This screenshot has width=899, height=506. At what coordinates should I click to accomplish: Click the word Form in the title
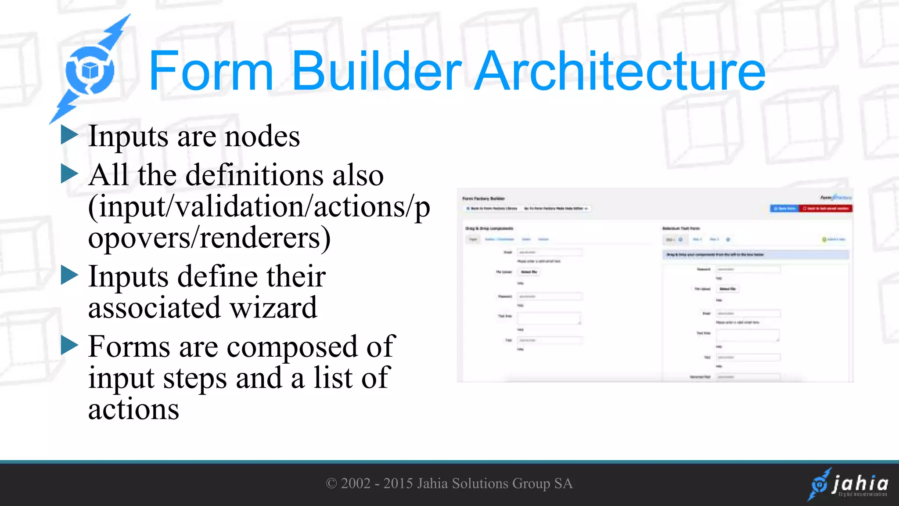point(211,71)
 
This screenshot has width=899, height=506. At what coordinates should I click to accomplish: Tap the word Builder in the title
point(377,71)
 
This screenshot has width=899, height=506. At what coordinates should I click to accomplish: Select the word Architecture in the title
point(620,71)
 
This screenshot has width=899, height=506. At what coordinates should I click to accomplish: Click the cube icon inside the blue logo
point(90,70)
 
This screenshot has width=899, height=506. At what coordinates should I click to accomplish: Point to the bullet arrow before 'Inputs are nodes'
point(69,135)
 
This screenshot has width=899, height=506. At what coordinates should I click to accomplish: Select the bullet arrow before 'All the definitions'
point(69,174)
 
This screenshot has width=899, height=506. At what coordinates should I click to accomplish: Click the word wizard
point(273,308)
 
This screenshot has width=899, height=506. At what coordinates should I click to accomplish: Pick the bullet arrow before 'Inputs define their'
point(69,275)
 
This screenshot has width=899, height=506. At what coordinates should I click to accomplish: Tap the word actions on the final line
point(133,409)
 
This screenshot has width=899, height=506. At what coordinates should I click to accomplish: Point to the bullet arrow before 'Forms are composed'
point(69,345)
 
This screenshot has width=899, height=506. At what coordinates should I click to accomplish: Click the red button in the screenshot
point(825,209)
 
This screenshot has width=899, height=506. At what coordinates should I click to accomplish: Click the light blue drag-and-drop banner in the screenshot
point(755,255)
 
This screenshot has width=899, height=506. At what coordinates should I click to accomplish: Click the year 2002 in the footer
point(356,484)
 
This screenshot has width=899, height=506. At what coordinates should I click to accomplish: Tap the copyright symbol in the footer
point(331,484)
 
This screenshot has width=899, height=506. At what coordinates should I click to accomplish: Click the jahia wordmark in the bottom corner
point(859,484)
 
